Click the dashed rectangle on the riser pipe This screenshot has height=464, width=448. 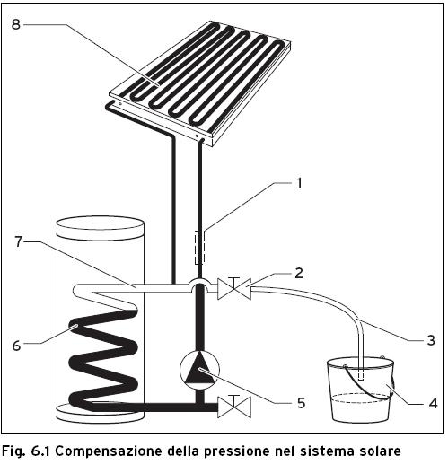click(198, 246)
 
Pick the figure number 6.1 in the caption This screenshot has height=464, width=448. click(41, 450)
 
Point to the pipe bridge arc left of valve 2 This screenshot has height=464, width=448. click(198, 285)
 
